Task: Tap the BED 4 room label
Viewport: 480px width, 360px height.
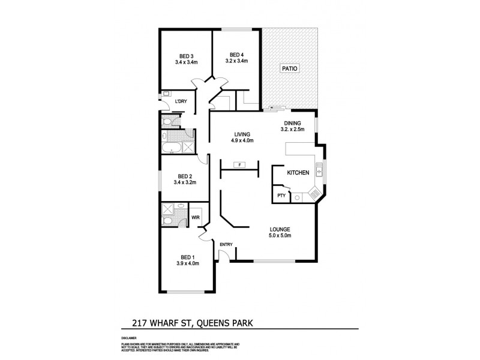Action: tap(236, 55)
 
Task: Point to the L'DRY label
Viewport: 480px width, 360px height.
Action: tap(181, 101)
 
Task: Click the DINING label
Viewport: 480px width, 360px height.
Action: tap(293, 124)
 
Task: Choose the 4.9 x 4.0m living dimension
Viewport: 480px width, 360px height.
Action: tap(242, 140)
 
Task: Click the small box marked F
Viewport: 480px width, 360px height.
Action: tap(239, 164)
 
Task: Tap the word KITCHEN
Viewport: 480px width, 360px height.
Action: tap(298, 173)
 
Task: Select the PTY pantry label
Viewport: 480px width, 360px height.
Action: tap(280, 196)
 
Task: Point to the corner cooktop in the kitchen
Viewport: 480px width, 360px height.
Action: tap(313, 194)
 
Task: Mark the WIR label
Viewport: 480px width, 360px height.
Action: tap(196, 217)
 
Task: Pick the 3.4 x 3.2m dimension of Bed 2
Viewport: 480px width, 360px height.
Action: tap(185, 182)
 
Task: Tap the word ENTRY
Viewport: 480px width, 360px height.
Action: tap(226, 244)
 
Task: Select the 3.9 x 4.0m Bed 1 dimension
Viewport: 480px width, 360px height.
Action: tap(188, 263)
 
